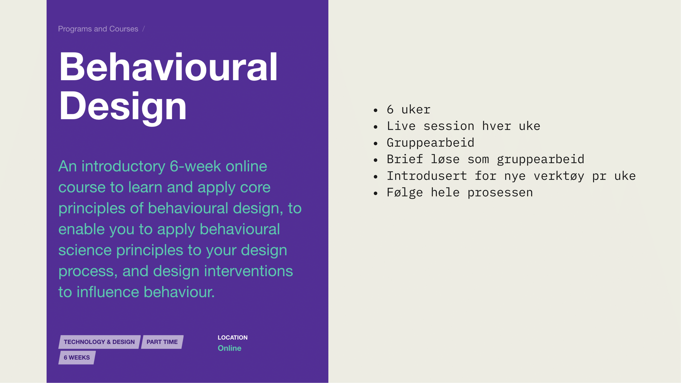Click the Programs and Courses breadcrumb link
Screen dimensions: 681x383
tap(98, 29)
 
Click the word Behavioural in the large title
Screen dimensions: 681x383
tap(168, 66)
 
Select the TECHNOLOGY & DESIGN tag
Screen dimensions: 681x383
tap(99, 342)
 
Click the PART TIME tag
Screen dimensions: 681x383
tap(162, 342)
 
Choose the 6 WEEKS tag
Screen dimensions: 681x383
tap(77, 357)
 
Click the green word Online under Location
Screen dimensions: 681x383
tap(229, 348)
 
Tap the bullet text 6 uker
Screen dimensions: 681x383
tap(409, 110)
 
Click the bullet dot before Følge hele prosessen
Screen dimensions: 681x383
tap(376, 193)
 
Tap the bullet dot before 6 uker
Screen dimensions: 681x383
tap(376, 110)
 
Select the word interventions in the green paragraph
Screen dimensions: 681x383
tap(248, 271)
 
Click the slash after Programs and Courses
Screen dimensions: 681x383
tap(144, 29)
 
